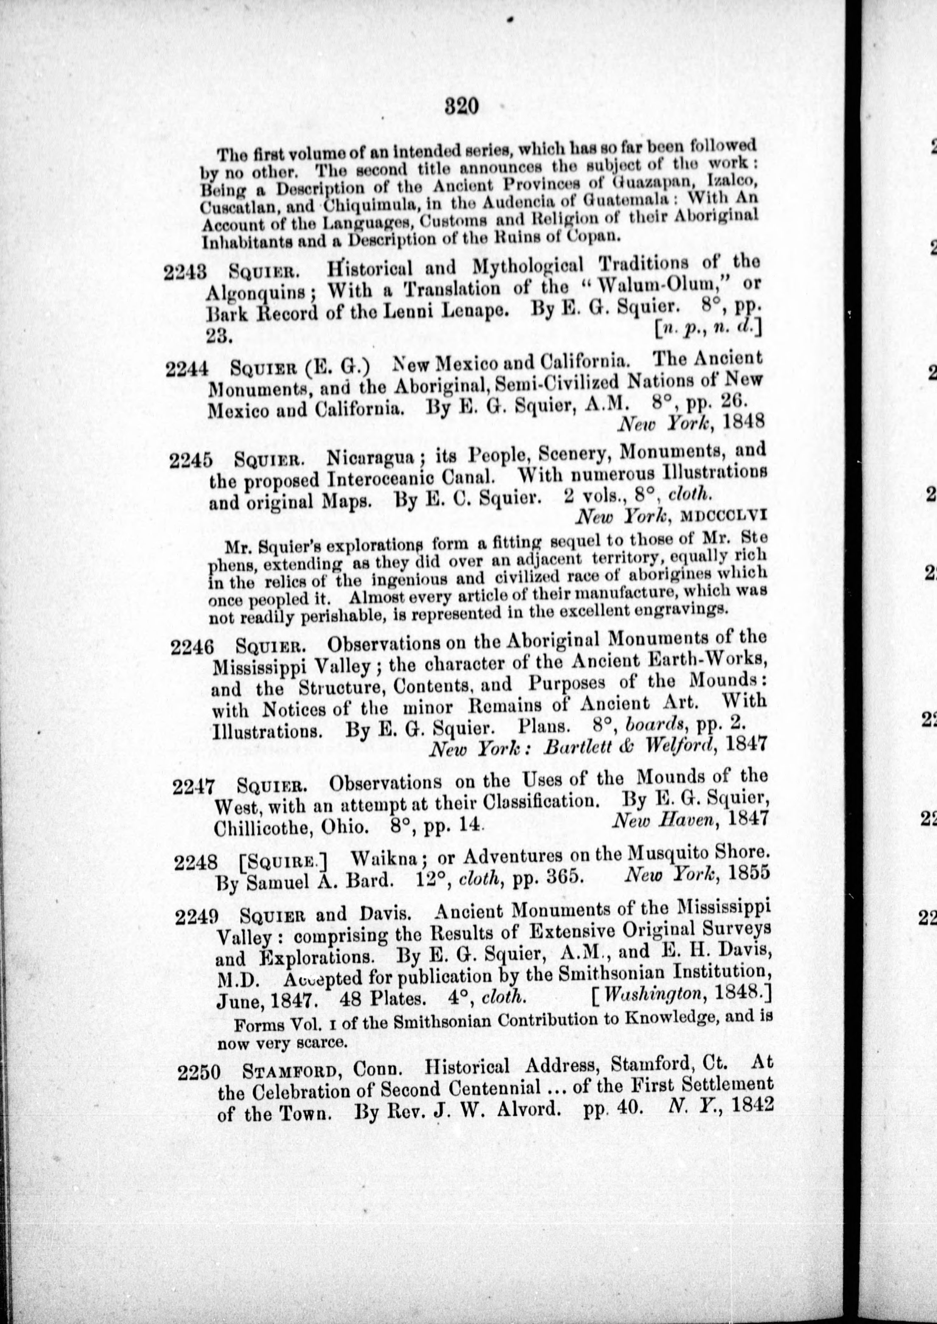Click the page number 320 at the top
(x=462, y=107)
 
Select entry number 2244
(x=186, y=367)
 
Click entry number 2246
(x=193, y=648)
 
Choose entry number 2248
(x=196, y=863)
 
